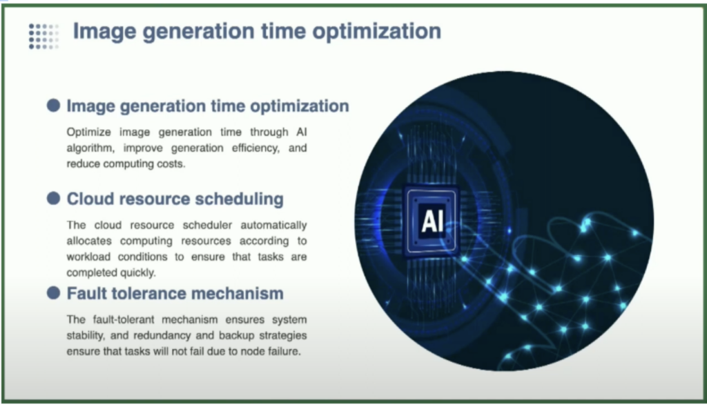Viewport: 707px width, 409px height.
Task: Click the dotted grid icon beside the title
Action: (x=43, y=35)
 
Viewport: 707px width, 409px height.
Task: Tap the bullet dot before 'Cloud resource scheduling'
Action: (x=53, y=199)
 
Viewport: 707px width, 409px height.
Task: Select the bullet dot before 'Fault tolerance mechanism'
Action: (x=53, y=293)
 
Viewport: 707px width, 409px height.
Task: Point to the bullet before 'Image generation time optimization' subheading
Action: (x=53, y=106)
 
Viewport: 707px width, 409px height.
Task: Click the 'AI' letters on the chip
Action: (x=432, y=220)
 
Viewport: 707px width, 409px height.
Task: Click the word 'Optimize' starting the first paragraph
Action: (x=87, y=132)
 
